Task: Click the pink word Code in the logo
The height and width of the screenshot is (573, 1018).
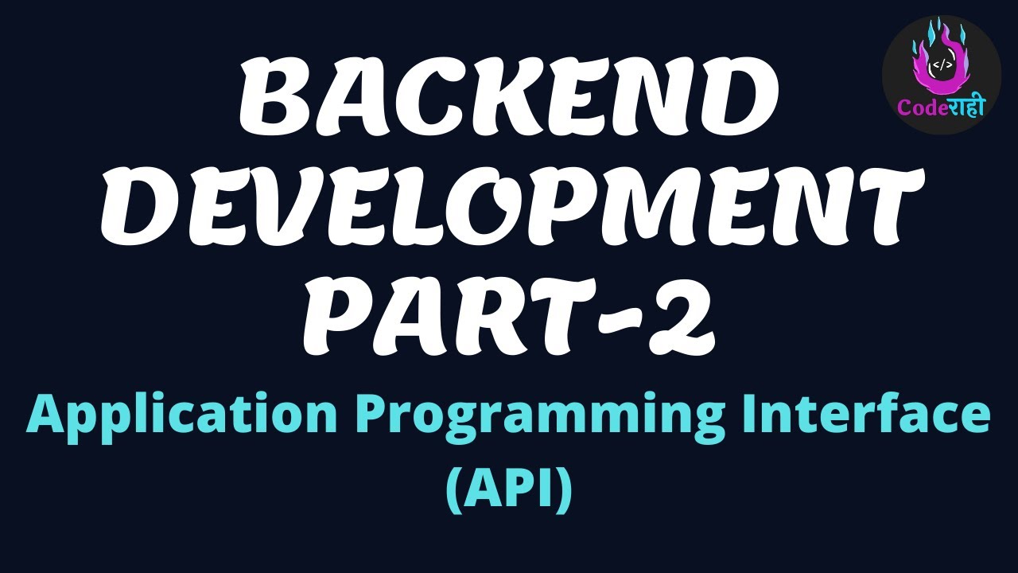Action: click(x=915, y=108)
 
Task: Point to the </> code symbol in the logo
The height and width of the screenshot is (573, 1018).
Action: click(x=940, y=64)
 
